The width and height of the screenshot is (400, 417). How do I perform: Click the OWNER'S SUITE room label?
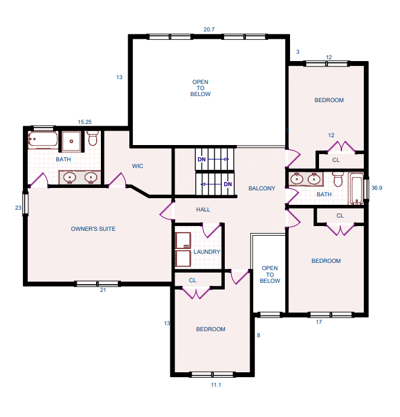tap(93, 228)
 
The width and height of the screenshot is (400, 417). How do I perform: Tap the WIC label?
tap(138, 166)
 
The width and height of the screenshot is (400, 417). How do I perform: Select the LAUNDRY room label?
tap(207, 251)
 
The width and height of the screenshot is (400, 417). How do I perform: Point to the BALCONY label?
tap(262, 189)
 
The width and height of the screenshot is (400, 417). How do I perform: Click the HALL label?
tap(203, 210)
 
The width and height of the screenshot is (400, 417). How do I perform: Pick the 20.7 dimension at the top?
tap(209, 30)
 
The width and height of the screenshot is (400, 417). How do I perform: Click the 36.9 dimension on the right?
tap(376, 188)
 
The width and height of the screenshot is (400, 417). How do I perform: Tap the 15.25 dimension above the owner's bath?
tap(85, 122)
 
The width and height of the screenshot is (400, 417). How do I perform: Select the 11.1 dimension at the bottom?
tap(216, 385)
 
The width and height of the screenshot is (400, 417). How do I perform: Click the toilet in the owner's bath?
tap(92, 138)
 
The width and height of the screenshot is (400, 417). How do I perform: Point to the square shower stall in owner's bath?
tap(71, 141)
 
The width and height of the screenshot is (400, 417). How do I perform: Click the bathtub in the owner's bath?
tap(43, 140)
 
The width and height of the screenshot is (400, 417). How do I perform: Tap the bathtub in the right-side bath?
tap(356, 189)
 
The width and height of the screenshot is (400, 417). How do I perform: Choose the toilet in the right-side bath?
tap(338, 179)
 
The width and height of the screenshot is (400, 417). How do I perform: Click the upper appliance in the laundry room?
tap(183, 241)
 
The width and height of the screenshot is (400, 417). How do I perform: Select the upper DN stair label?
tap(202, 160)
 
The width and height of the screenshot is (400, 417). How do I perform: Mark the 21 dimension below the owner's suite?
tap(103, 290)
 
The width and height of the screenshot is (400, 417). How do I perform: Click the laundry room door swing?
tap(211, 231)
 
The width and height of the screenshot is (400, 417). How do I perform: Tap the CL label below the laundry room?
tap(193, 280)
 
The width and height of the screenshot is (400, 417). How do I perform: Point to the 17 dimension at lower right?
tap(318, 322)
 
